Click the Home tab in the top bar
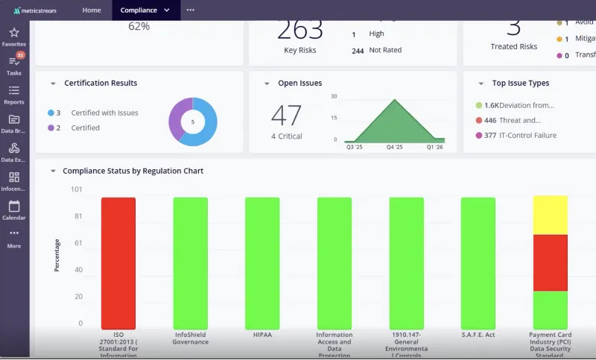(92, 10)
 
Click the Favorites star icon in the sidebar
(13, 33)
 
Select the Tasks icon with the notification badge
(13, 62)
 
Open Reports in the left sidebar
(13, 91)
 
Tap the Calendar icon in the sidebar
(13, 206)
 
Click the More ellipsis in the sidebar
(13, 234)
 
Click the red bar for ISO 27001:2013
(118, 263)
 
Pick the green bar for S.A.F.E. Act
(478, 263)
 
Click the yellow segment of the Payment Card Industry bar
(550, 215)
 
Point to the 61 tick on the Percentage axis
(77, 243)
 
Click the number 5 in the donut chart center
(192, 122)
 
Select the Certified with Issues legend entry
(104, 113)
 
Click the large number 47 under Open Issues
(286, 116)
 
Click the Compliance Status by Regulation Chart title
(133, 171)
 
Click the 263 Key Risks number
(300, 31)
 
